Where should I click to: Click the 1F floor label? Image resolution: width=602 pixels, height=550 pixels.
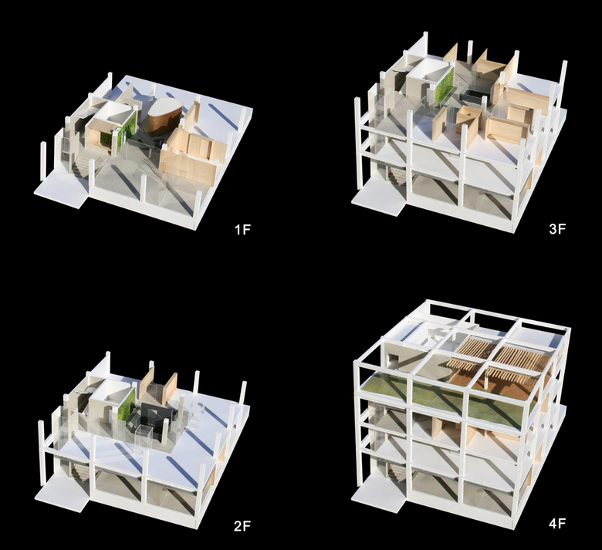click(x=242, y=230)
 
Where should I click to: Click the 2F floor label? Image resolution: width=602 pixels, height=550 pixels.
click(x=242, y=526)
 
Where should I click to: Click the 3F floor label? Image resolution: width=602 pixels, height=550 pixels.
click(x=557, y=229)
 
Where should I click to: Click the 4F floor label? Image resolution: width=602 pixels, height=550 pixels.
click(x=557, y=524)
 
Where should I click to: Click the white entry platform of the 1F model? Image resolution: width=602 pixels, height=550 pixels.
click(x=62, y=192)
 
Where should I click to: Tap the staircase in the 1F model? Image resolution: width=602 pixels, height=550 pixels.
click(x=81, y=166)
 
